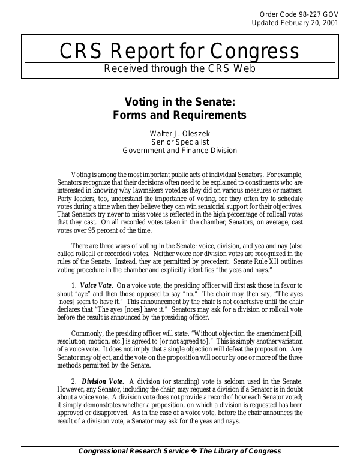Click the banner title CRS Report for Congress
click(x=179, y=53)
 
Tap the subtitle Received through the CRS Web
click(x=179, y=68)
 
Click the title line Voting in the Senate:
click(x=179, y=102)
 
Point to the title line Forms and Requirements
click(x=179, y=115)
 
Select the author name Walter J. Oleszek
click(x=179, y=133)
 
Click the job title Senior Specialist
click(x=179, y=142)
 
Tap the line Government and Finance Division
click(x=179, y=151)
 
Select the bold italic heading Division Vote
click(x=102, y=381)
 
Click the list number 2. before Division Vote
click(x=74, y=381)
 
